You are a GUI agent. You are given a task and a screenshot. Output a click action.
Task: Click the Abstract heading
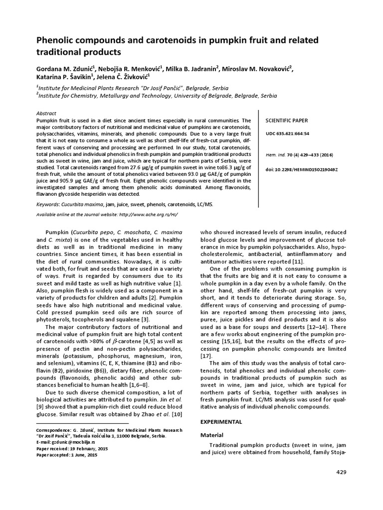click(x=47, y=114)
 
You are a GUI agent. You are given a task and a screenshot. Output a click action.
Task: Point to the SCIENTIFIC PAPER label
click(x=287, y=121)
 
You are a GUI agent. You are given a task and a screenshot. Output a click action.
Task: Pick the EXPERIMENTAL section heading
click(x=221, y=422)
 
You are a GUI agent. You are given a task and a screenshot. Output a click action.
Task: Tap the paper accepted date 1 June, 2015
click(x=84, y=455)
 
